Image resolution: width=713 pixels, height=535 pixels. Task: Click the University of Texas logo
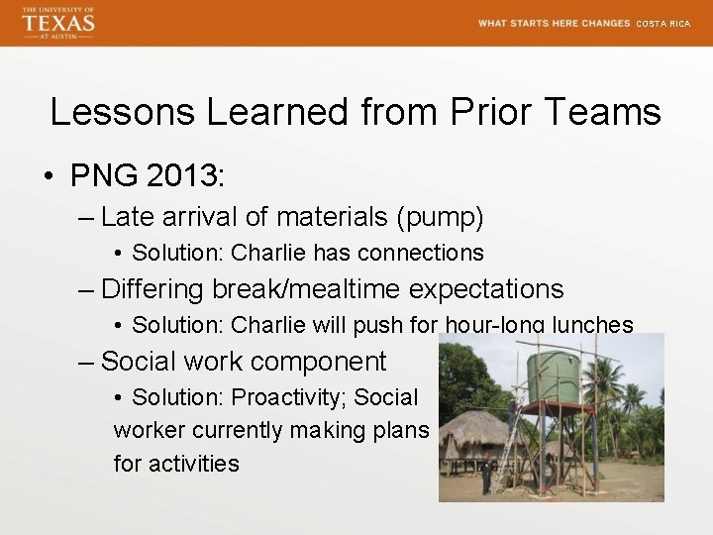(x=58, y=22)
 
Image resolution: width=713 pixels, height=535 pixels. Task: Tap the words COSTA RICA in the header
(x=662, y=24)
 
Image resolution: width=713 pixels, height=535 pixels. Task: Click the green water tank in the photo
(x=553, y=375)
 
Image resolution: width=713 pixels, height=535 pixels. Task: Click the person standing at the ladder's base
(x=485, y=474)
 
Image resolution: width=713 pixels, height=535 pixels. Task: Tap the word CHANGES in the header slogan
(x=606, y=24)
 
